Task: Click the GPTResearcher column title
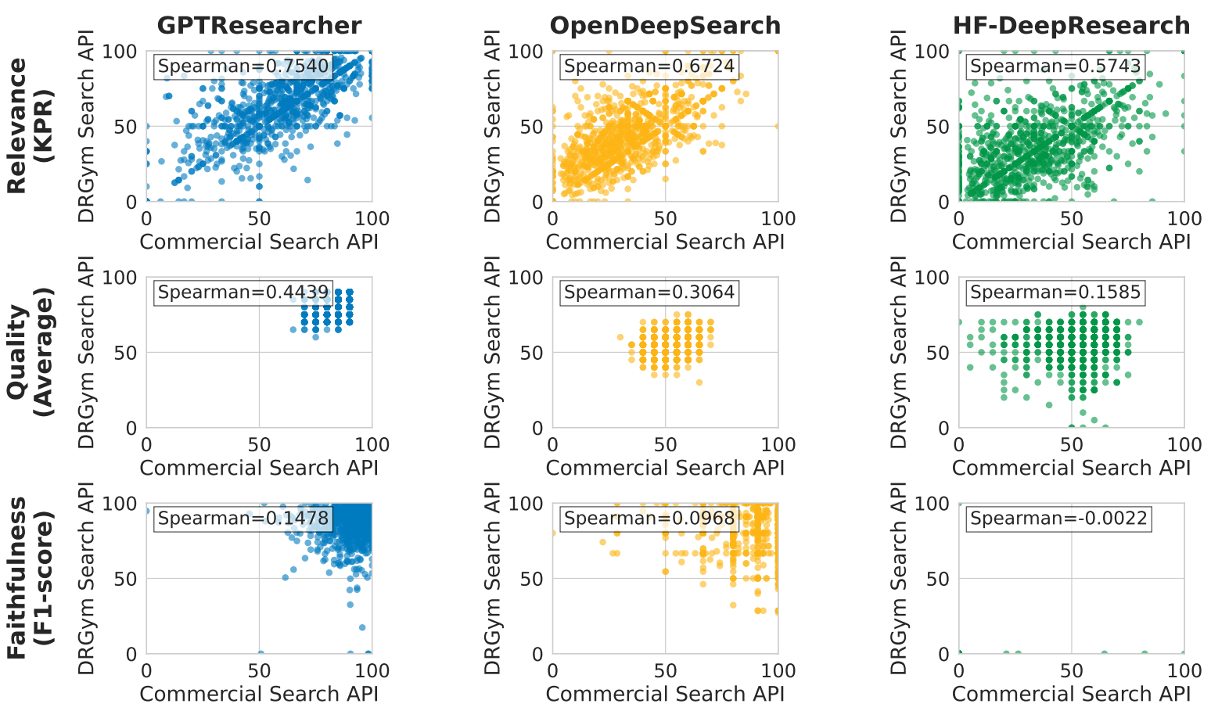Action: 259,26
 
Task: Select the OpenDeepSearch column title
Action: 665,26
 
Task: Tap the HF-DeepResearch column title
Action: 1071,26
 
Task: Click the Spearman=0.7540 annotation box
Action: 243,66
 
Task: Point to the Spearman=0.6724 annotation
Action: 649,66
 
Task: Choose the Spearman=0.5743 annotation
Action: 1055,66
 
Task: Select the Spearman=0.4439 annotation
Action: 243,293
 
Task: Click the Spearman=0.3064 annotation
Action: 649,293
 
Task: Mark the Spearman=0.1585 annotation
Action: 1055,293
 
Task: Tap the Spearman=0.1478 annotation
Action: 243,519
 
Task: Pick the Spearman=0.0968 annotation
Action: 649,519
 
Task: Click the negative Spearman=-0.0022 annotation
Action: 1058,519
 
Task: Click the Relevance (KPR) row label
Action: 29,126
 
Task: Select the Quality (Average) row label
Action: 29,352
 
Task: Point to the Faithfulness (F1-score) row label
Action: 29,578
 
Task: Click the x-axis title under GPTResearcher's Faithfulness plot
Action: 259,695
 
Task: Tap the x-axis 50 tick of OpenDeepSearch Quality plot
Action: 665,445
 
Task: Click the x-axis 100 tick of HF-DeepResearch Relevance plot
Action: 1184,219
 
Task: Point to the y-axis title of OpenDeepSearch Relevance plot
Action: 493,126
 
